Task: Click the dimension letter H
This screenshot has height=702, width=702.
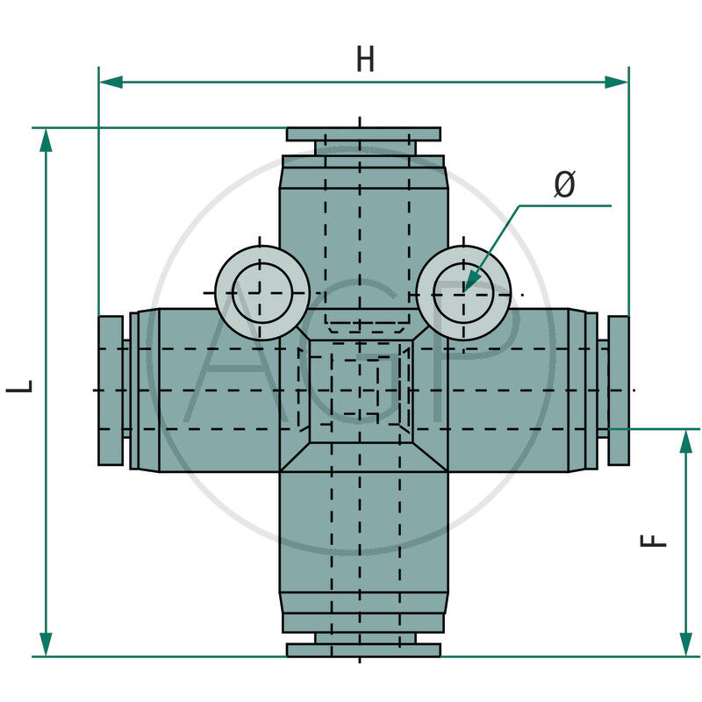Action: [x=365, y=59]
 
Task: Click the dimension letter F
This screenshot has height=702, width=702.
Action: [x=655, y=541]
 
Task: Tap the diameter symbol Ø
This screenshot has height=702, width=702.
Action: [x=565, y=184]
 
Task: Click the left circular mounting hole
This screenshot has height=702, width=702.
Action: [x=261, y=293]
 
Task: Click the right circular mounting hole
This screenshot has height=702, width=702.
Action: [x=464, y=293]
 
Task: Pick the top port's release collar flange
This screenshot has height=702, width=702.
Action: [x=363, y=134]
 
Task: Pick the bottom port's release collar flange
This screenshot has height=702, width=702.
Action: [x=363, y=649]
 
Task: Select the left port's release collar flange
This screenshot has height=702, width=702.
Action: [x=110, y=390]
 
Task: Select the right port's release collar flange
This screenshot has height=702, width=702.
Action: [x=618, y=390]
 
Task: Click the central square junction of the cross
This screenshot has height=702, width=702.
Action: [x=361, y=390]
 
